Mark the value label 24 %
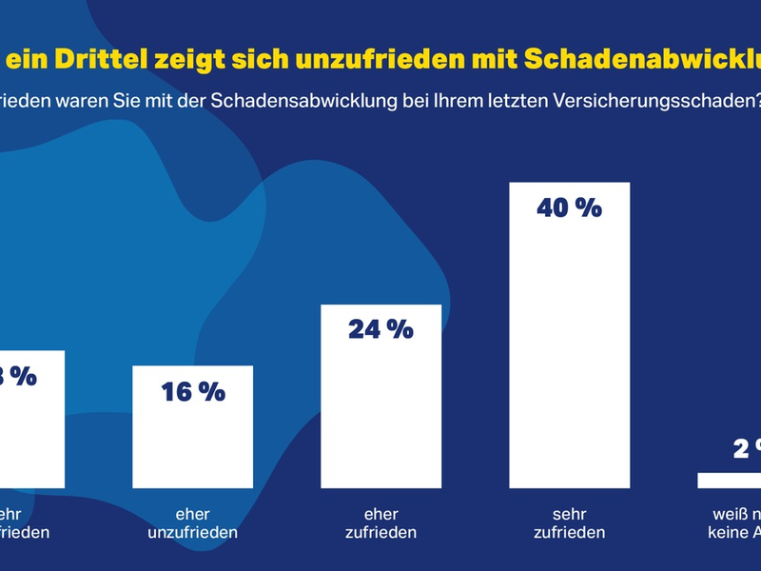pyautogui.click(x=380, y=329)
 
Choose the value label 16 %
pyautogui.click(x=192, y=390)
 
